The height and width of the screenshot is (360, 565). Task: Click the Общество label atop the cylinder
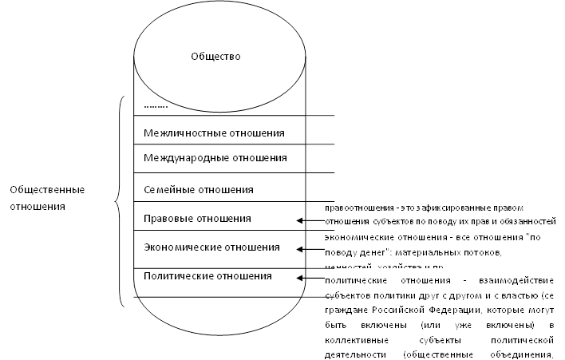(215, 57)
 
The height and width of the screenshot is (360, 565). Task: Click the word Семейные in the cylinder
(166, 190)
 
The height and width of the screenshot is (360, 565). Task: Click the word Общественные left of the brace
(47, 190)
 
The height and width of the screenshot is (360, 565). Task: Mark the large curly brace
(120, 200)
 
